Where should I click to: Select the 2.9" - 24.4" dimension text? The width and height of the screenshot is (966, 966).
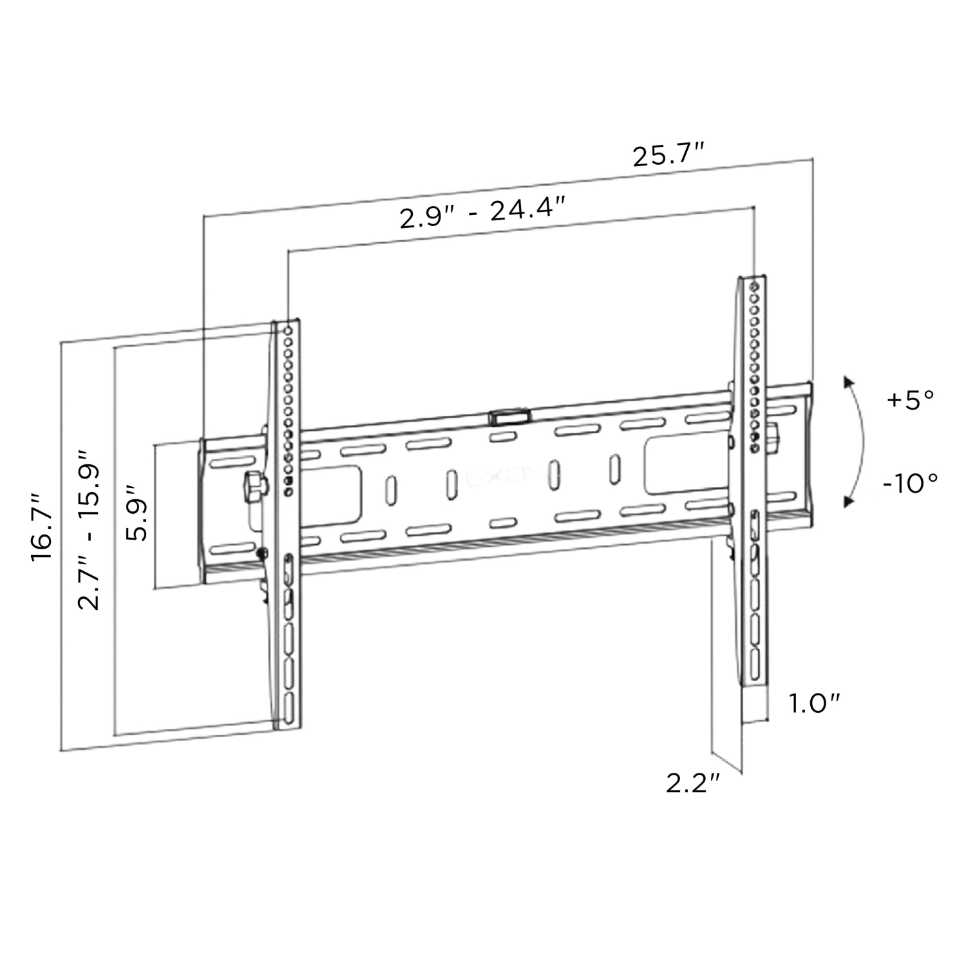coord(482,214)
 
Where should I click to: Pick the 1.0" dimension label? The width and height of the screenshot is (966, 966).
coord(816,704)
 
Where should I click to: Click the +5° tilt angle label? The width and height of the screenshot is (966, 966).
coord(910,400)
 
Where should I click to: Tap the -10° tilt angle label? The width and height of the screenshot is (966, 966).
coord(910,482)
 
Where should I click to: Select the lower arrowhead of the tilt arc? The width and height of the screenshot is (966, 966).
coord(848,500)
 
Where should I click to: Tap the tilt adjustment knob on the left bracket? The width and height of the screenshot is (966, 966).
coord(254,485)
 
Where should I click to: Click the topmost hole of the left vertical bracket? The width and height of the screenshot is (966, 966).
coord(288,330)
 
